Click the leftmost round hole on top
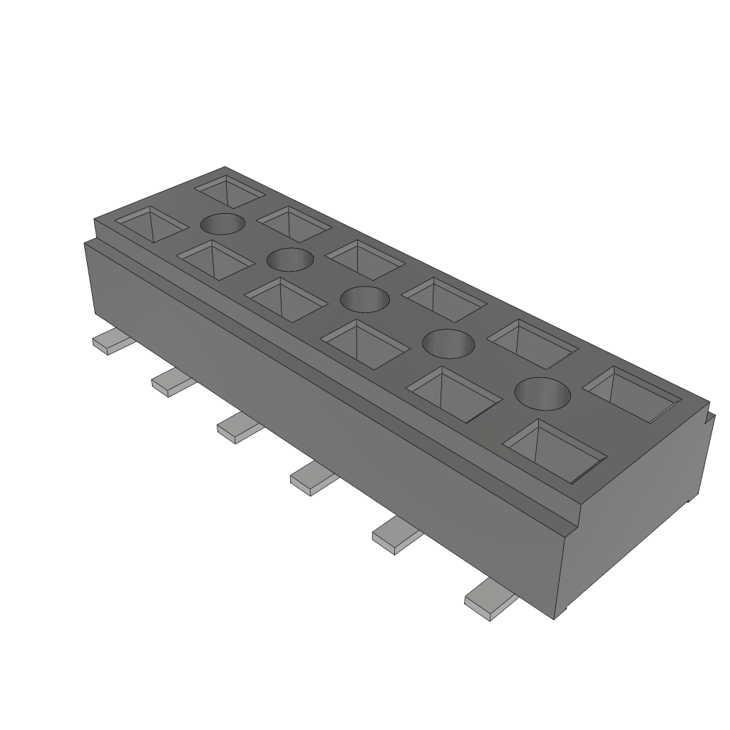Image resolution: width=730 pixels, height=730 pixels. (x=222, y=225)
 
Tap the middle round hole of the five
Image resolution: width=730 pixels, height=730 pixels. (x=364, y=299)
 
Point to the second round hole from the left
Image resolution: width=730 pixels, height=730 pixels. (x=289, y=259)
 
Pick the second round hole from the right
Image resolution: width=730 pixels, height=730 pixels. (x=448, y=344)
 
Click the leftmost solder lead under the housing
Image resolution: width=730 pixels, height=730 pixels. (x=112, y=342)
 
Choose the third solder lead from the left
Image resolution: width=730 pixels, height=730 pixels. (x=238, y=427)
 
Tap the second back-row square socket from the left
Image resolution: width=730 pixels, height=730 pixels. (x=294, y=222)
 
